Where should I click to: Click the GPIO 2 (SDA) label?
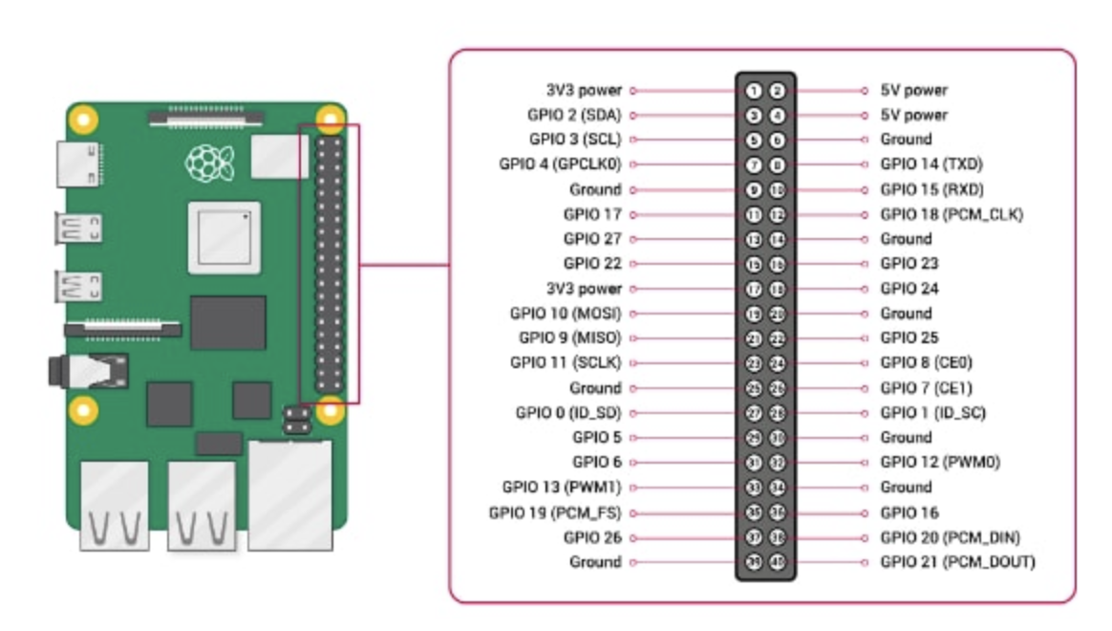[574, 115]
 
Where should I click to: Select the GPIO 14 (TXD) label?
[931, 164]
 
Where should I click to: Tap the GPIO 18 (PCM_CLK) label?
[951, 214]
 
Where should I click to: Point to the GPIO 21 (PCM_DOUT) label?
[957, 562]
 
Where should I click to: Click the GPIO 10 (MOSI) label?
[566, 314]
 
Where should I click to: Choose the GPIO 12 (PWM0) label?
[938, 463]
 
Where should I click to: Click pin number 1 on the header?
[754, 91]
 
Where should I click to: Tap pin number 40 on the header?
[778, 562]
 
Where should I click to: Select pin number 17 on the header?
[754, 289]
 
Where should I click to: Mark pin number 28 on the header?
[778, 413]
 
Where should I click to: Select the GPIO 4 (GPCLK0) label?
[560, 164]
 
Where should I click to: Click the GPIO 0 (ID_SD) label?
[568, 413]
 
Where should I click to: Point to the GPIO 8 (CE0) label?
[927, 363]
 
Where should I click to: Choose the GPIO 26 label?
[592, 537]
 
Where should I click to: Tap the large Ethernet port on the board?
[290, 494]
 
